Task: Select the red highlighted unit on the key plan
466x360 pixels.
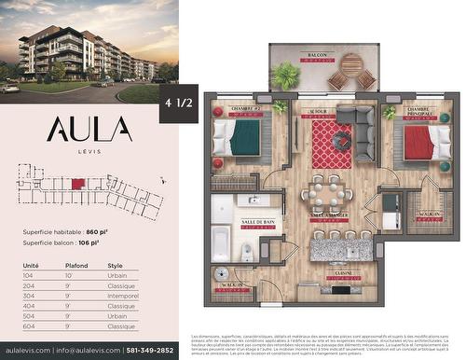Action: [x=78, y=184]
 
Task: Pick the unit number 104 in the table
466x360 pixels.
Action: [x=29, y=276]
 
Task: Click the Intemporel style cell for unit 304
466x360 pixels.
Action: [x=123, y=297]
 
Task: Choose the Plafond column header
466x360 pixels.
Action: [x=76, y=266]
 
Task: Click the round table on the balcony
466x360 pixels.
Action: [x=351, y=64]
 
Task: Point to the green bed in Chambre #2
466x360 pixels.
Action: [x=244, y=138]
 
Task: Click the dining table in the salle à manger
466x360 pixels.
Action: [x=326, y=194]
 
